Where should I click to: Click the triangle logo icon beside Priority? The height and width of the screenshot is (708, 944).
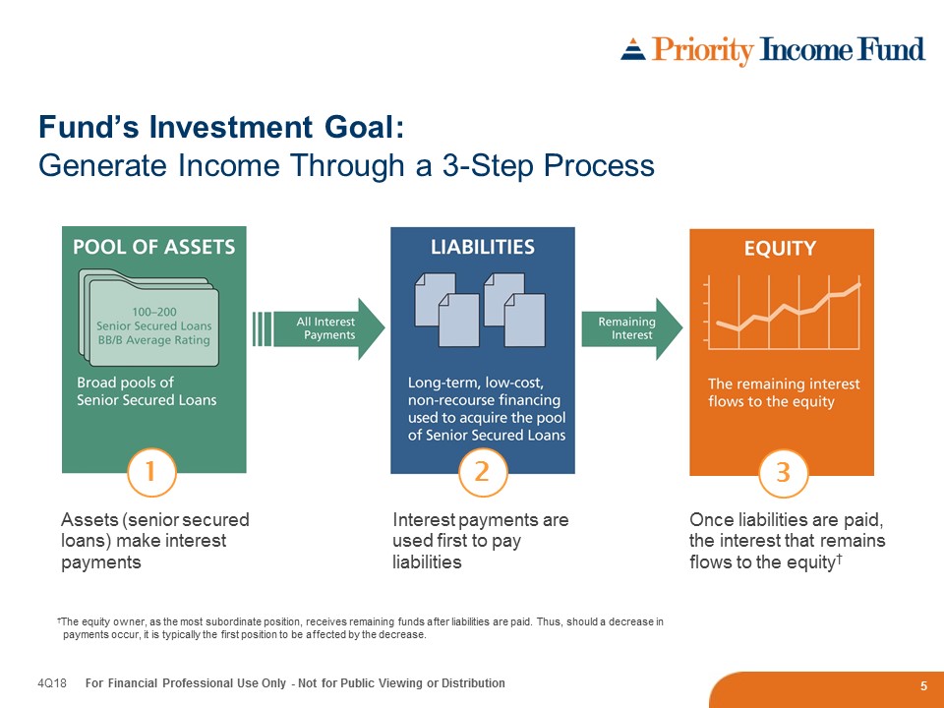[x=632, y=49]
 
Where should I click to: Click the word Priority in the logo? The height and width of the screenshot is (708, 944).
[x=702, y=50]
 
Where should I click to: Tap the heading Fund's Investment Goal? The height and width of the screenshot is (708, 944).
[x=221, y=128]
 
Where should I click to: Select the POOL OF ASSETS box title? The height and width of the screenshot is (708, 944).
[x=154, y=247]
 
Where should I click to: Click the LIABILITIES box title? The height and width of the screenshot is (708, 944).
[x=483, y=247]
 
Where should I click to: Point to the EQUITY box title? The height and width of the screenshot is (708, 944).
[x=780, y=248]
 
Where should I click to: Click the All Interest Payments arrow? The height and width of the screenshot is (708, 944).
[x=319, y=328]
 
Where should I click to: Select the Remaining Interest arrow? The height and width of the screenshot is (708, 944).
[x=632, y=328]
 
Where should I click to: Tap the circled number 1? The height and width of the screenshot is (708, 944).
[x=151, y=472]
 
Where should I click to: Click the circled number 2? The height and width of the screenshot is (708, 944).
[x=482, y=472]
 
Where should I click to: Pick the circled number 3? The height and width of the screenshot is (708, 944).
[x=783, y=473]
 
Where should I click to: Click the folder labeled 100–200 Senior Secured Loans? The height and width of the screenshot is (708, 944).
[x=148, y=318]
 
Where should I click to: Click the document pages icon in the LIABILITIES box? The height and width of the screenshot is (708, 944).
[x=480, y=310]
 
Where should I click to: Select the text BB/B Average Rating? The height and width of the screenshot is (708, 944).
[x=154, y=340]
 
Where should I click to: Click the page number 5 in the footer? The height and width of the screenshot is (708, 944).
[x=923, y=686]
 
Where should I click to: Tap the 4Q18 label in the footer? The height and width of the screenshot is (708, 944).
[x=52, y=683]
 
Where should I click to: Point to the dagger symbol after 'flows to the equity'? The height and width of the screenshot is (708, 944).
[x=838, y=560]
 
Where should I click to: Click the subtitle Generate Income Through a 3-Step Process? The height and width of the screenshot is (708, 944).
[x=346, y=165]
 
